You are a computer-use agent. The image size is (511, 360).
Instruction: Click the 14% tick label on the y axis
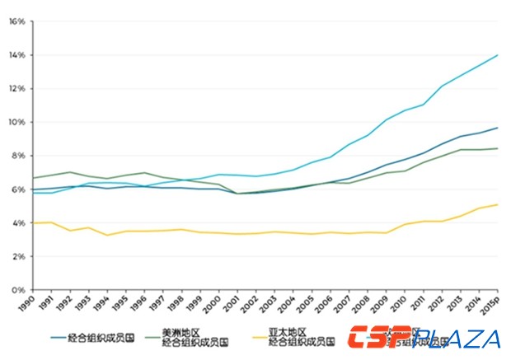(x=17, y=55)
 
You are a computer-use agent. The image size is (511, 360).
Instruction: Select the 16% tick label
(x=17, y=21)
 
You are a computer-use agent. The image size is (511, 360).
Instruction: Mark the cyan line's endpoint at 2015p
(x=497, y=55)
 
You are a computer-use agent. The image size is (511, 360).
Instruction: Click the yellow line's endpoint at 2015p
(x=497, y=204)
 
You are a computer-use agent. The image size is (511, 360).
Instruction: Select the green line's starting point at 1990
(x=31, y=178)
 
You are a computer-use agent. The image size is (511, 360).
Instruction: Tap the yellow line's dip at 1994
(x=106, y=236)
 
